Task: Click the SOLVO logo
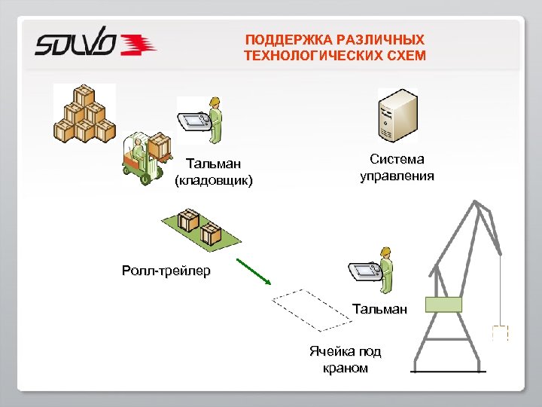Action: click(95, 44)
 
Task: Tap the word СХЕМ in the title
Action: click(408, 56)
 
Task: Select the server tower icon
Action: click(397, 117)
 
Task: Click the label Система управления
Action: click(397, 168)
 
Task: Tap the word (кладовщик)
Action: click(214, 180)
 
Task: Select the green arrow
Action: click(254, 273)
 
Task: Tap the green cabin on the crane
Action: click(443, 304)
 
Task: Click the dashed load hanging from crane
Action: click(499, 332)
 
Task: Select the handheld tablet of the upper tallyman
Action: click(193, 120)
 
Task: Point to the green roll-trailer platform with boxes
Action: click(200, 229)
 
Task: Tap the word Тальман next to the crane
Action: click(379, 308)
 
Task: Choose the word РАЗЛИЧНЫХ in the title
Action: click(386, 39)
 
